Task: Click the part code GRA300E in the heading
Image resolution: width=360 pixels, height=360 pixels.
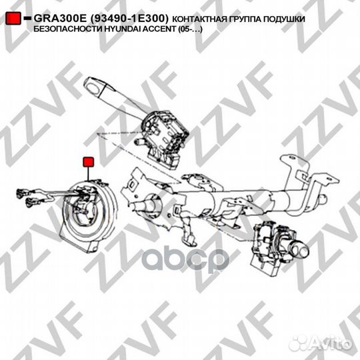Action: [60, 19]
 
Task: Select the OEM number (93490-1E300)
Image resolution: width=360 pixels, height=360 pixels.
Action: [129, 19]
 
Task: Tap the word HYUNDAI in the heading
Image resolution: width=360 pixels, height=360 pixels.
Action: [121, 29]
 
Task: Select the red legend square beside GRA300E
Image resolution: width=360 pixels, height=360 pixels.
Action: [13, 19]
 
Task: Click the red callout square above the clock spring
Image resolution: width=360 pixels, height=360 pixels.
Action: [89, 162]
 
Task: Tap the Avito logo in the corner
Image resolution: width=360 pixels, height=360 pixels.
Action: [320, 344]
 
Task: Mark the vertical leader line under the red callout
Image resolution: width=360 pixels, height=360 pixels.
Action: [89, 174]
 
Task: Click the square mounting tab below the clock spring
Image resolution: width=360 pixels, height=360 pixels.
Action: [95, 247]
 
